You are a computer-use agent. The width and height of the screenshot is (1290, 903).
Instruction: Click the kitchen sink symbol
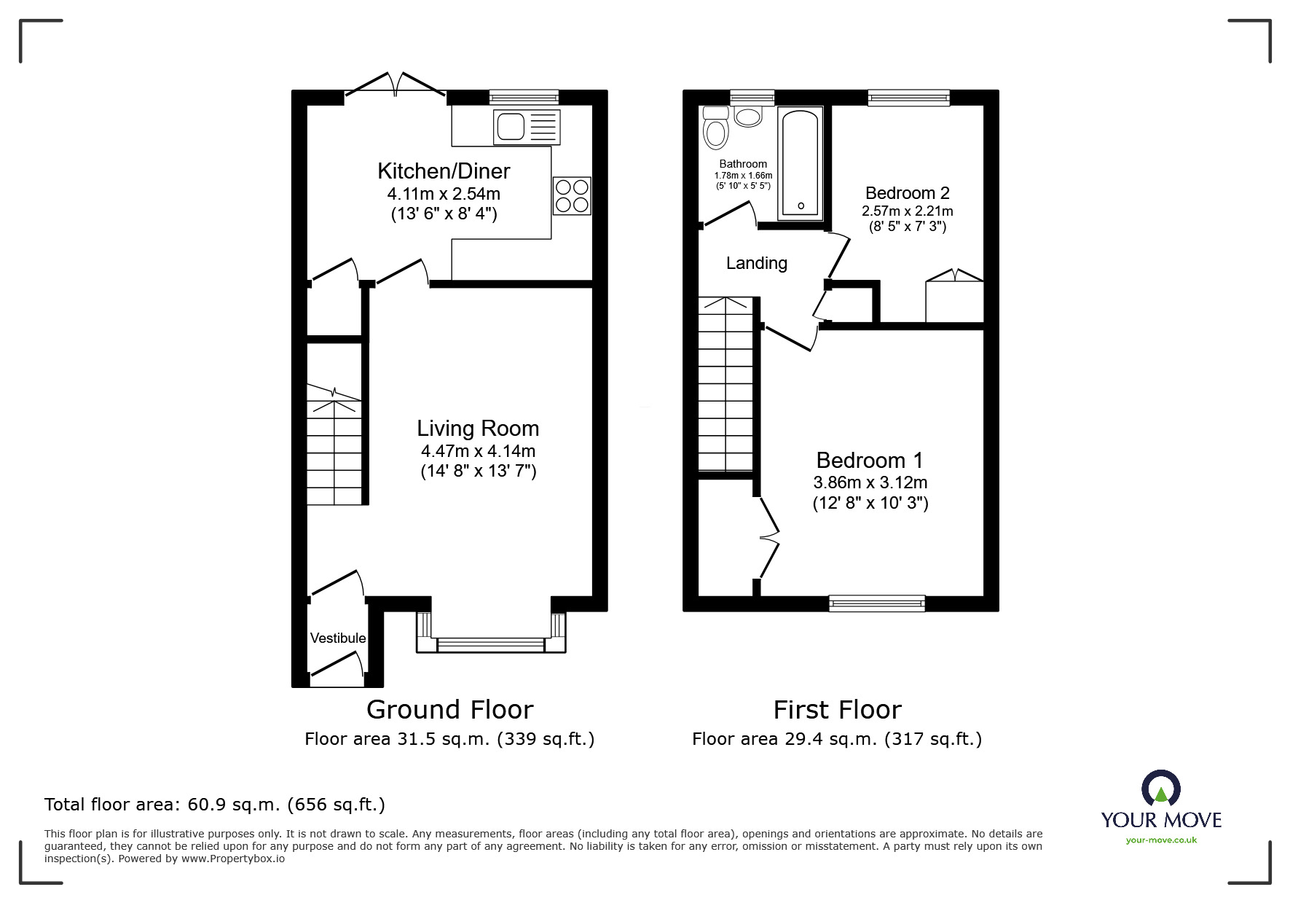tap(527, 127)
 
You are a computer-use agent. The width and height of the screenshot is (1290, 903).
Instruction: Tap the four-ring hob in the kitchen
tap(572, 196)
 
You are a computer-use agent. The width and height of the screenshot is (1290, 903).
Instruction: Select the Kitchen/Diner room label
tap(444, 171)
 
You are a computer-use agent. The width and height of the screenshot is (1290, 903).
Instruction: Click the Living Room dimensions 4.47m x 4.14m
tap(478, 451)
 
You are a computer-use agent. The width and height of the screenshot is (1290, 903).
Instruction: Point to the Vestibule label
tap(338, 638)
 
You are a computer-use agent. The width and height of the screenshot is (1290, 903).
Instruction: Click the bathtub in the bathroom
tap(801, 163)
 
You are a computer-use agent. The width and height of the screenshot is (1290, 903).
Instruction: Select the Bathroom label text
tap(743, 164)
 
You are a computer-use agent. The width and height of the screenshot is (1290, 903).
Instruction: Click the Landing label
tap(757, 263)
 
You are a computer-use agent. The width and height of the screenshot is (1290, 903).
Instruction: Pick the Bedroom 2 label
tap(907, 193)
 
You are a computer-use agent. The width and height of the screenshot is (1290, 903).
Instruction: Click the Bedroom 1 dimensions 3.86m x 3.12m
tap(870, 482)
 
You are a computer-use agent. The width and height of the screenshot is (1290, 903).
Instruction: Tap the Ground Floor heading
tap(449, 709)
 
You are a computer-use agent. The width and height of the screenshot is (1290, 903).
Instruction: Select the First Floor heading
tap(837, 709)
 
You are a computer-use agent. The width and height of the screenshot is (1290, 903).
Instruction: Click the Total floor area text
tap(215, 805)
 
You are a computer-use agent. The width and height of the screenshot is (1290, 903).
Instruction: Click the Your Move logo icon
tap(1160, 789)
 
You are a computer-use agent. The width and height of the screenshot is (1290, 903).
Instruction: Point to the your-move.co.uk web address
tap(1161, 840)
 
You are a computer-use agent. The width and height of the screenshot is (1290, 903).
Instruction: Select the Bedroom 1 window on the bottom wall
tap(877, 603)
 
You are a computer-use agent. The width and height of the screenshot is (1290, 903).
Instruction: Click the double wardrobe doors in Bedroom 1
tap(768, 538)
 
